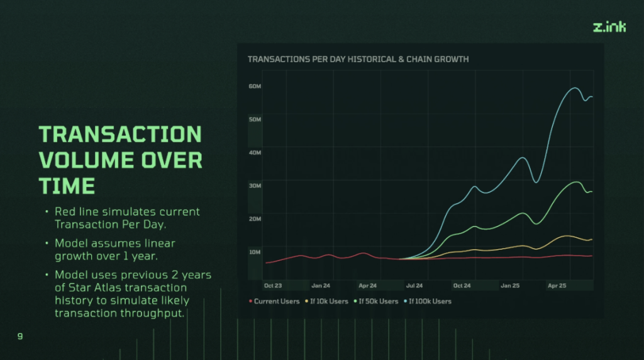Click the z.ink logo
[x=609, y=27]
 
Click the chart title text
[x=358, y=59]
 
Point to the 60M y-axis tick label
[x=255, y=86]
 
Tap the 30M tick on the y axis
[x=255, y=186]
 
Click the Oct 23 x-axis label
[x=273, y=286]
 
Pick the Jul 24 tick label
[x=414, y=286]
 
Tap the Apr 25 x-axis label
[x=557, y=286]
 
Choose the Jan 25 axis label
[x=509, y=286]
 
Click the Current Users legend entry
[x=275, y=301]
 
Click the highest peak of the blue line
[x=575, y=88]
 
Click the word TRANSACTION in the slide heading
[x=120, y=134]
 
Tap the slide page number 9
[x=20, y=337]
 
